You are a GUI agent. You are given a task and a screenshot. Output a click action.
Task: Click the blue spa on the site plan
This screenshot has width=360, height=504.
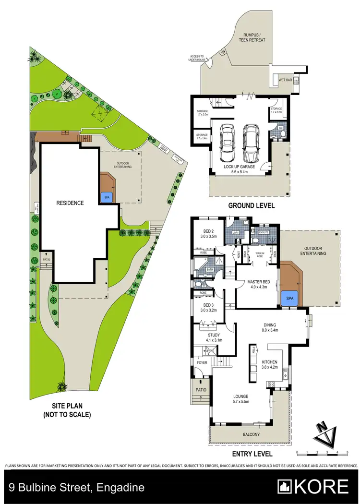point(105,196)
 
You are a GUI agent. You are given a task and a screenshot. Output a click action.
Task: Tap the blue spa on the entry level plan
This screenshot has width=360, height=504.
point(290,298)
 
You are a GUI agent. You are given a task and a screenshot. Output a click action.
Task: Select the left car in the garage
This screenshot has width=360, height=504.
point(228,143)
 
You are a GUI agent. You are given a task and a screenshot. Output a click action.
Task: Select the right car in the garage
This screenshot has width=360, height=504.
point(250,143)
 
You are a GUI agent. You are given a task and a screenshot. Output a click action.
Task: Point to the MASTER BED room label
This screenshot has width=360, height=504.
point(257,284)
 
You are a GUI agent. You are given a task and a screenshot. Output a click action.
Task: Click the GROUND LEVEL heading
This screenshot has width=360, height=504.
point(251,205)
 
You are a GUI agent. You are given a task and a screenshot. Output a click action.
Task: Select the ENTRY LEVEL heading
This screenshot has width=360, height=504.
point(251,454)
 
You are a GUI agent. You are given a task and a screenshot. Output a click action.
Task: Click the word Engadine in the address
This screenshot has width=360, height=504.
point(120,488)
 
